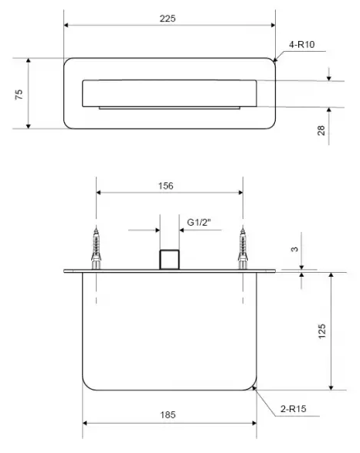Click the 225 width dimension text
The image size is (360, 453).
(168, 19)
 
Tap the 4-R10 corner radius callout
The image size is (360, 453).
(302, 45)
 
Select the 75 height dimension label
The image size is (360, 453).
(19, 94)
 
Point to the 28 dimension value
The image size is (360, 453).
(321, 131)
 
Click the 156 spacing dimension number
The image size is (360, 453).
(166, 186)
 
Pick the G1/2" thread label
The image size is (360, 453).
(199, 222)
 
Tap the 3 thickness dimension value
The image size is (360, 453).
(294, 249)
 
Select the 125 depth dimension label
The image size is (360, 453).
(321, 332)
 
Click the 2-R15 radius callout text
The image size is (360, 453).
(294, 409)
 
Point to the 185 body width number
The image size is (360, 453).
(168, 415)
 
